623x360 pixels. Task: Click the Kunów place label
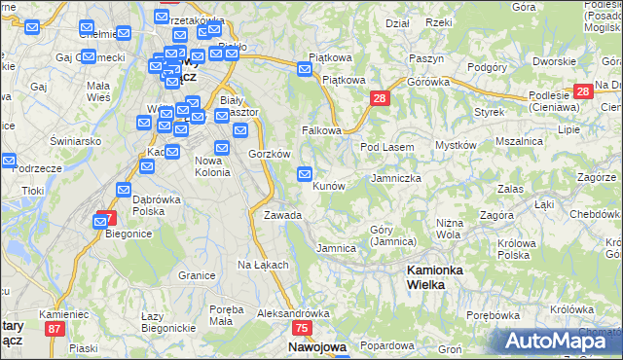click(329, 185)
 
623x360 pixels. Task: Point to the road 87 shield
click(55, 329)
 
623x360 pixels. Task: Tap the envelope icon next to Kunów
click(305, 174)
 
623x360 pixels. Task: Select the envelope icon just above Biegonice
click(100, 222)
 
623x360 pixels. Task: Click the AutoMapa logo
click(560, 341)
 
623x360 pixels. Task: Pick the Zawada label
click(282, 215)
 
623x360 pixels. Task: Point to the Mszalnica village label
click(519, 141)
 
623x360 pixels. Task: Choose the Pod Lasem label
click(387, 147)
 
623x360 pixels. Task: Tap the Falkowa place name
click(321, 129)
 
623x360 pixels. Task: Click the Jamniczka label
click(395, 179)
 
